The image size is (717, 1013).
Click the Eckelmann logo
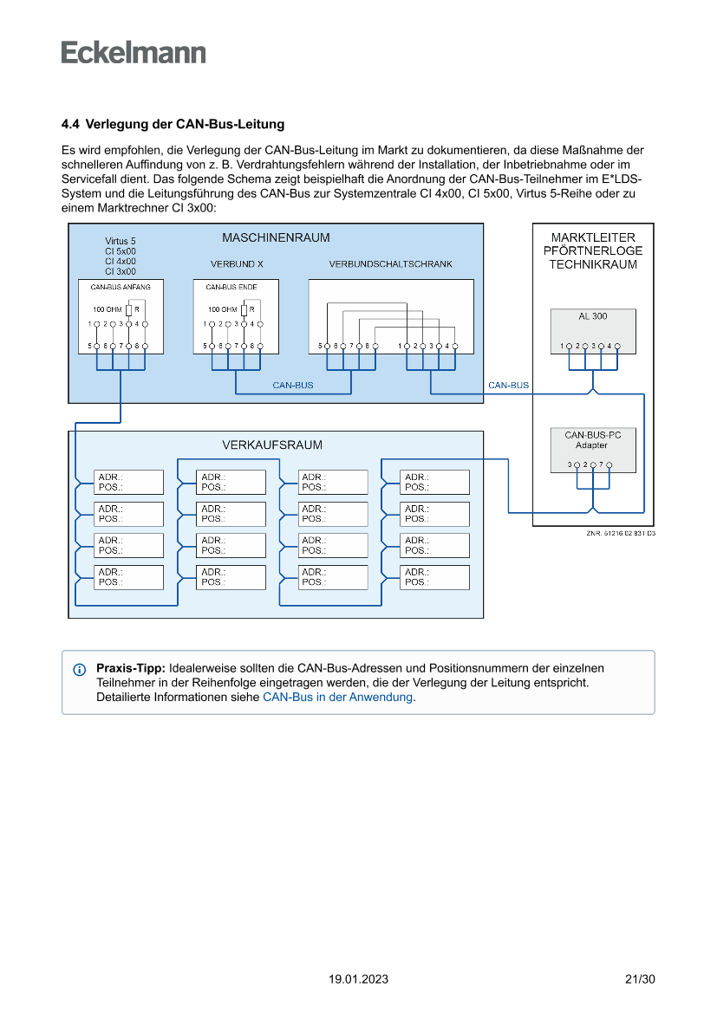click(x=134, y=52)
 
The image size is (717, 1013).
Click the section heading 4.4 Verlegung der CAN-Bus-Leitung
click(x=173, y=125)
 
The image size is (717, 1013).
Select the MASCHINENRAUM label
click(x=276, y=238)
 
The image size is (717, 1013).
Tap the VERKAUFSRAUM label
click(x=272, y=445)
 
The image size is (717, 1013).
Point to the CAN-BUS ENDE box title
click(x=231, y=286)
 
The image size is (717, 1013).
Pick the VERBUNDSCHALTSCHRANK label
click(x=390, y=264)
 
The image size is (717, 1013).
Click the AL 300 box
click(x=593, y=317)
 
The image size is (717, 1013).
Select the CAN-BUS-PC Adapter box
click(x=593, y=440)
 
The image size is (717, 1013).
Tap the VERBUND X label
click(x=237, y=264)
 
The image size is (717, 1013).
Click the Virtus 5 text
click(x=121, y=241)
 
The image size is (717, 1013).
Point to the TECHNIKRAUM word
click(x=593, y=265)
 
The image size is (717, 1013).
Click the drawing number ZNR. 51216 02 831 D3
click(x=621, y=534)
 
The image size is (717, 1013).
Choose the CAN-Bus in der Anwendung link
click(x=337, y=697)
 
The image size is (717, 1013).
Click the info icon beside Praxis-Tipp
click(x=80, y=670)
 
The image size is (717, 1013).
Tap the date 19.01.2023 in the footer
click(x=358, y=980)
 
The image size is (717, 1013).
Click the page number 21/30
click(x=640, y=980)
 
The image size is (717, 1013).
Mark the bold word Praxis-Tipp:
click(x=130, y=669)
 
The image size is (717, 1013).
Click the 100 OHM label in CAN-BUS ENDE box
click(x=222, y=309)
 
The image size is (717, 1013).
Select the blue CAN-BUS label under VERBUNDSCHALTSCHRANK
click(x=293, y=386)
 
